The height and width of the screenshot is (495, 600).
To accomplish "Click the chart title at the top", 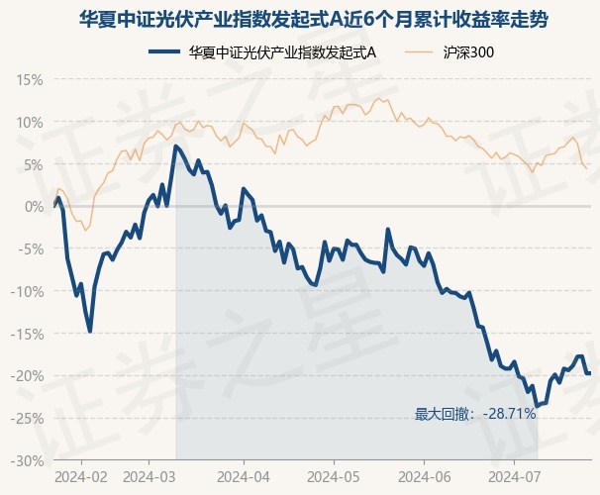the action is tap(314, 20).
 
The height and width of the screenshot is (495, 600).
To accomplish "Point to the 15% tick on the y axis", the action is tap(30, 80).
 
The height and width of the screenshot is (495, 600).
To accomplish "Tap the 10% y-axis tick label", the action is tap(30, 123).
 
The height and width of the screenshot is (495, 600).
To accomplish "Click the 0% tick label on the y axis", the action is tap(34, 207).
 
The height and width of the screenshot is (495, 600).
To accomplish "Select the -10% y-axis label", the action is tap(27, 292).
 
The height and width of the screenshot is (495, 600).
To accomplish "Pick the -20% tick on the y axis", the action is tap(27, 376).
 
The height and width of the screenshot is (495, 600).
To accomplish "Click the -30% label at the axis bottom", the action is tap(27, 461).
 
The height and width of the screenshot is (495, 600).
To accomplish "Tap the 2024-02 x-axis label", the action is tap(81, 477).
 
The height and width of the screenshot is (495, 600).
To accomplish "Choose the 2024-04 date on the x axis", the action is tap(244, 477).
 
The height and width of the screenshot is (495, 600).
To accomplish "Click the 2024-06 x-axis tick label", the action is tap(425, 477).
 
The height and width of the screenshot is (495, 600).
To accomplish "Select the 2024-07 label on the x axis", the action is tap(515, 477).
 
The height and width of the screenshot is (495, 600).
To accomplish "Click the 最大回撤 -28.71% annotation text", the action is tap(475, 414).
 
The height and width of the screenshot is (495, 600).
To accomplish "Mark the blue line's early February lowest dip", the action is tap(90, 332).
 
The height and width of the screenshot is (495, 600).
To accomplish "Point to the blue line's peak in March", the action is tap(175, 147).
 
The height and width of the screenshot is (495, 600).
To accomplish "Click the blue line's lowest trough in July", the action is tap(537, 406).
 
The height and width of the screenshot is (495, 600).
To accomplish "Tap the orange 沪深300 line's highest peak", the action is tap(379, 98).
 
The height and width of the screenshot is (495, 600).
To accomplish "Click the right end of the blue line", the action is tap(590, 373).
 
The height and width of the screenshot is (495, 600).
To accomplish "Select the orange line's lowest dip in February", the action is tap(85, 230).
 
